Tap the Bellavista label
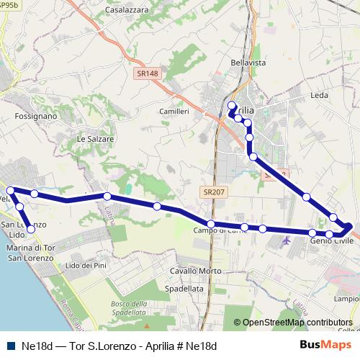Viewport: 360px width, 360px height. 248,63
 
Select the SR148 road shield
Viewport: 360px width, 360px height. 148,73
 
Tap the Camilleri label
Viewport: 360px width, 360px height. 174,112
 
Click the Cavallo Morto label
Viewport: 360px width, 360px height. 195,271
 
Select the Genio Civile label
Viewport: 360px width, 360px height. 328,241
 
